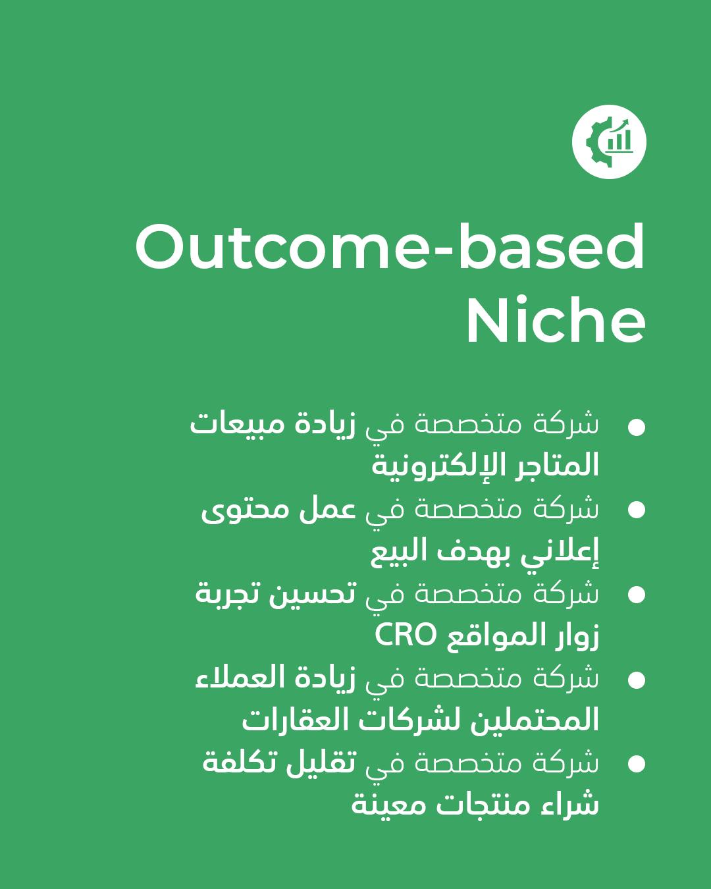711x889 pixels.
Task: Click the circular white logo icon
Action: (x=609, y=142)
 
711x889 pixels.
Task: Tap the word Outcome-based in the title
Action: (x=390, y=247)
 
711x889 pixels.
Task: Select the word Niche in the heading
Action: (x=556, y=319)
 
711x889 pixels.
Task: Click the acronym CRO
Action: (x=406, y=635)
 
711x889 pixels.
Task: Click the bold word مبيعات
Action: (x=237, y=425)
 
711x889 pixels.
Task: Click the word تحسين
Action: (x=313, y=594)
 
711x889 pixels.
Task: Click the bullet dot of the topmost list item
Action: (x=636, y=427)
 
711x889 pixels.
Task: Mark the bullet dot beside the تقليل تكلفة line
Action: (x=636, y=763)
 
